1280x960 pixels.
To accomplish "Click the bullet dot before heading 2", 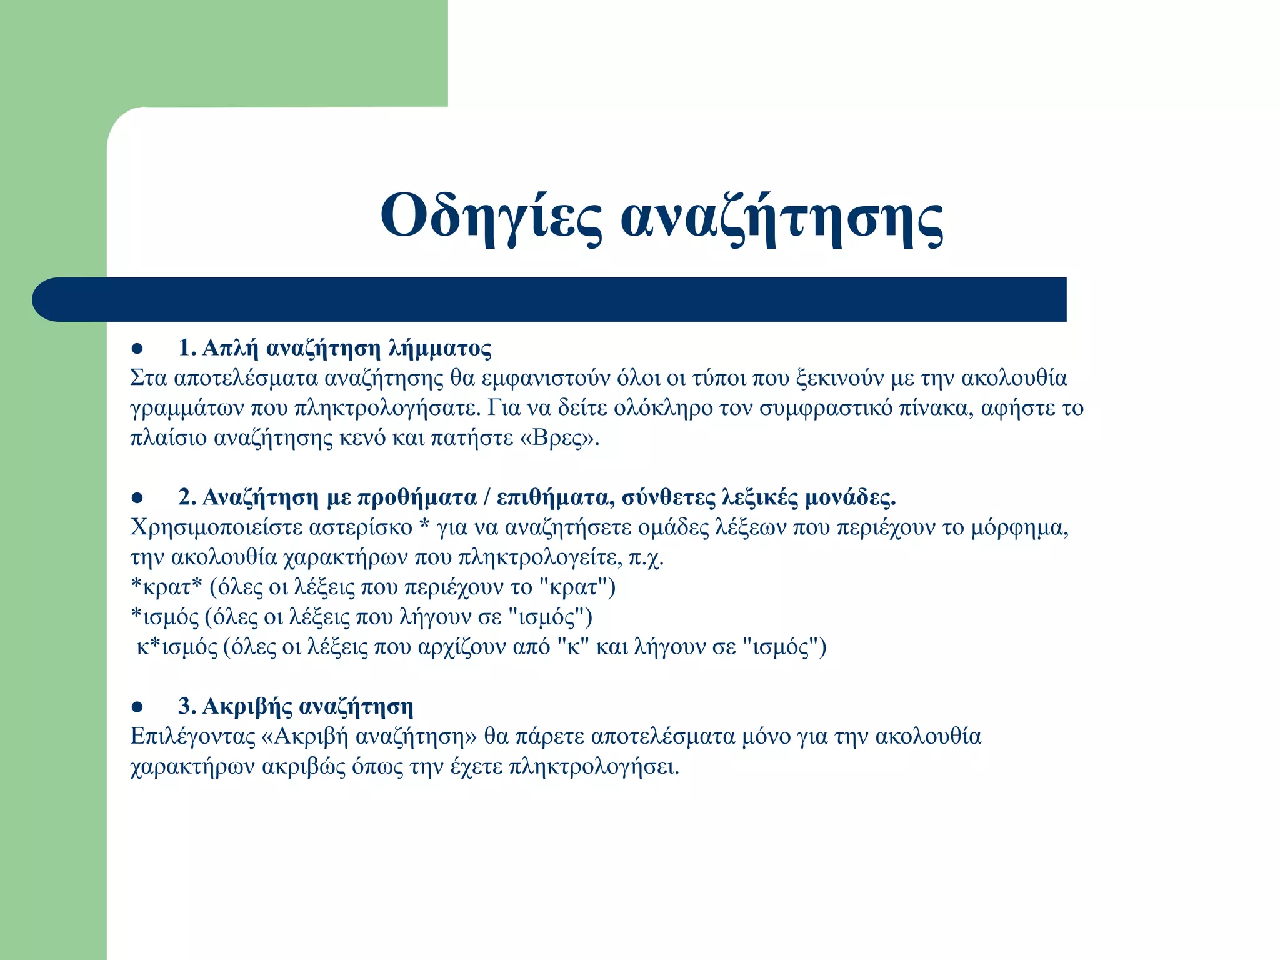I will (x=138, y=498).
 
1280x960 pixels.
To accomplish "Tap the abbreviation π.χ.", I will (x=646, y=557).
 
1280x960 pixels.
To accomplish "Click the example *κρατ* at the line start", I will (x=166, y=587).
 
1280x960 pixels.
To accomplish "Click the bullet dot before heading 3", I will (x=138, y=707).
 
